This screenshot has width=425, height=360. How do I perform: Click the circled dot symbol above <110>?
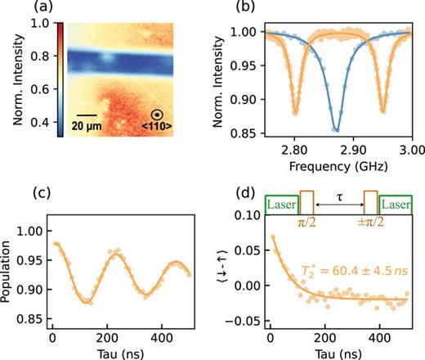pos(162,116)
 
